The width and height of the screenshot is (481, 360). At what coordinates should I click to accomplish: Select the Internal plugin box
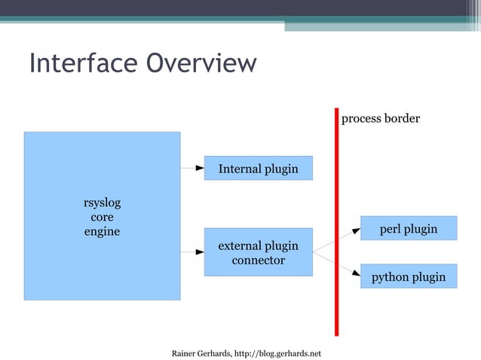258,169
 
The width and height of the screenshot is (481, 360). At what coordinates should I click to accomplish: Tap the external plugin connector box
258,252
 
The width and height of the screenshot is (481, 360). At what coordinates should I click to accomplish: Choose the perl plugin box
408,228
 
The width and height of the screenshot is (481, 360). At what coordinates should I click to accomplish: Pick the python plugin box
408,276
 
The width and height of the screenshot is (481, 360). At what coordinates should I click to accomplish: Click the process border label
381,119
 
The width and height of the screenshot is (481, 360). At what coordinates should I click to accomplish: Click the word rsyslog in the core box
102,203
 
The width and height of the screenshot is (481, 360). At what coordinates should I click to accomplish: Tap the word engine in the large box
102,231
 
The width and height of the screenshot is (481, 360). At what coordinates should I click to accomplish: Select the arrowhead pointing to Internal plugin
199,168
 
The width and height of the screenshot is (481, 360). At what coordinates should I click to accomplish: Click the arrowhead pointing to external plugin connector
199,252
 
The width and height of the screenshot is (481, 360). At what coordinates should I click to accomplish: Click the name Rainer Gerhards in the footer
201,353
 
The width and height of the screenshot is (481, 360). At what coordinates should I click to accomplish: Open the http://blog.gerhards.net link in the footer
278,353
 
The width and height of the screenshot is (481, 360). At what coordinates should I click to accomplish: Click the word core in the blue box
102,217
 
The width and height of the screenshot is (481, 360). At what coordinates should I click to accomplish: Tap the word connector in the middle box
258,261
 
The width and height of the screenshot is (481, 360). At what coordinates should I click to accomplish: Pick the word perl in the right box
391,229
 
